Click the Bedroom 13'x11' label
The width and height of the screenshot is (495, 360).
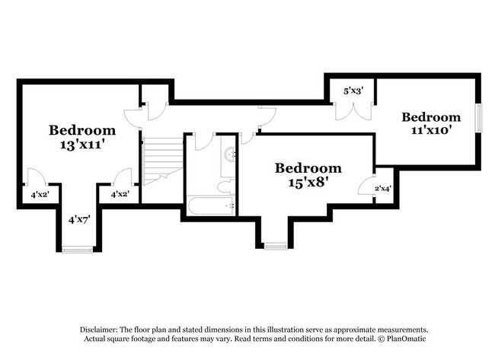(x=82, y=137)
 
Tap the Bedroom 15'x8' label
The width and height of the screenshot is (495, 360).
(x=308, y=174)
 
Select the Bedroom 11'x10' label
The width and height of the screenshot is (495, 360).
(x=431, y=123)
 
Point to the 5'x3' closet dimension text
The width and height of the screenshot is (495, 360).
(x=353, y=91)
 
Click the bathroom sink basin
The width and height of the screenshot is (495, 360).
(x=230, y=153)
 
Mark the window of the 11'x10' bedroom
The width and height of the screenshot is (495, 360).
(x=479, y=117)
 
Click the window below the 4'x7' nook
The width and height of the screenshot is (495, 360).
(x=78, y=248)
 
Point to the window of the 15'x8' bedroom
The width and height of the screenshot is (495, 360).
(x=276, y=245)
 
